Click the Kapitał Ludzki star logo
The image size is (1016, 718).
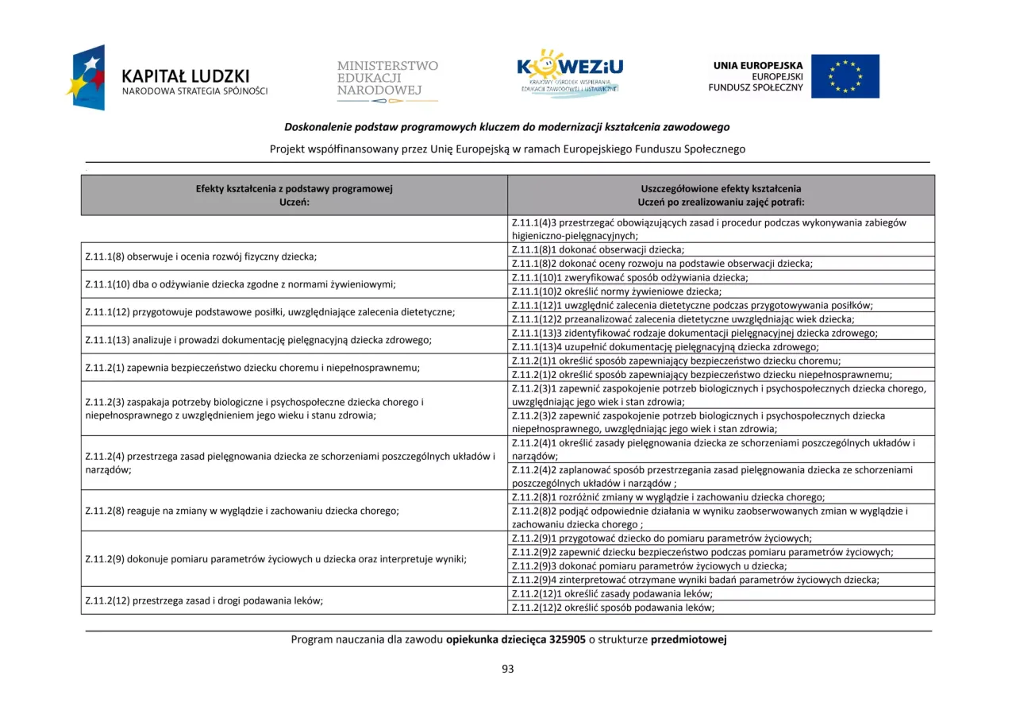(88, 78)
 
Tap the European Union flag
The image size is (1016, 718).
(845, 76)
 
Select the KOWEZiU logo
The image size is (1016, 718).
(568, 73)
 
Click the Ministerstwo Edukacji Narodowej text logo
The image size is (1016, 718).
(387, 79)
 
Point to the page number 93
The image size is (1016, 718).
(508, 669)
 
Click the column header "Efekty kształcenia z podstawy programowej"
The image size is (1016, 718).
(294, 189)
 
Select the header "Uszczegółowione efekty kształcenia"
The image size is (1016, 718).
(721, 189)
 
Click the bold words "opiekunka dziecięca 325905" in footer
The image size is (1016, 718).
(515, 639)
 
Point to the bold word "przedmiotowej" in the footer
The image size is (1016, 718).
(688, 639)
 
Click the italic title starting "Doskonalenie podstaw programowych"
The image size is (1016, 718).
(507, 127)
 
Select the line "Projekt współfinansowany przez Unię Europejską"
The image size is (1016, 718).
(507, 149)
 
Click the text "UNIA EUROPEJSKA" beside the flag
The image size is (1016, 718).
(757, 66)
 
